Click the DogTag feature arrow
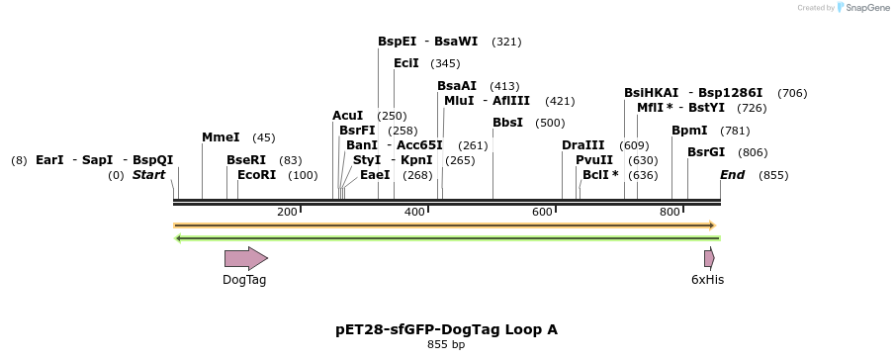tap(245, 258)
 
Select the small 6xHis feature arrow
tap(709, 258)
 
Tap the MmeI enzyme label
tap(221, 137)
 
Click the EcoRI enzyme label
tap(257, 175)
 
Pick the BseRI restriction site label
tap(246, 160)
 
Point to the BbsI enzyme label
tap(507, 123)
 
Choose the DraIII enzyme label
tap(582, 145)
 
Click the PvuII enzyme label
tap(594, 160)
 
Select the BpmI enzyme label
tap(689, 131)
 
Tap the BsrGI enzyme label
tap(706, 152)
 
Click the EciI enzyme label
tap(406, 63)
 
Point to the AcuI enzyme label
tap(347, 116)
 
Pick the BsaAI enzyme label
tap(457, 86)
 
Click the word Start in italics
tap(148, 175)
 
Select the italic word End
tap(732, 175)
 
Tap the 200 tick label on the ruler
tap(287, 213)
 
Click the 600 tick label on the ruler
tap(542, 213)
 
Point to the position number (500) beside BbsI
tap(550, 123)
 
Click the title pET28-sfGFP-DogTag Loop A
tap(446, 329)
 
